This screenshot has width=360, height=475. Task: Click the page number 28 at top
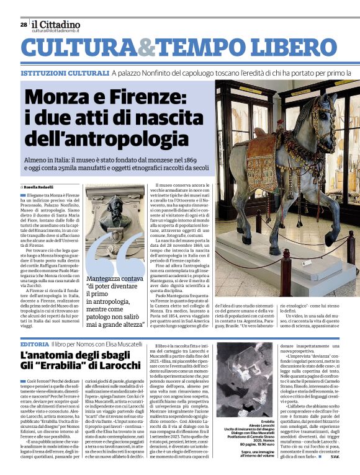click(x=24, y=25)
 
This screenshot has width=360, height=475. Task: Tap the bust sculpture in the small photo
click(x=115, y=217)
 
